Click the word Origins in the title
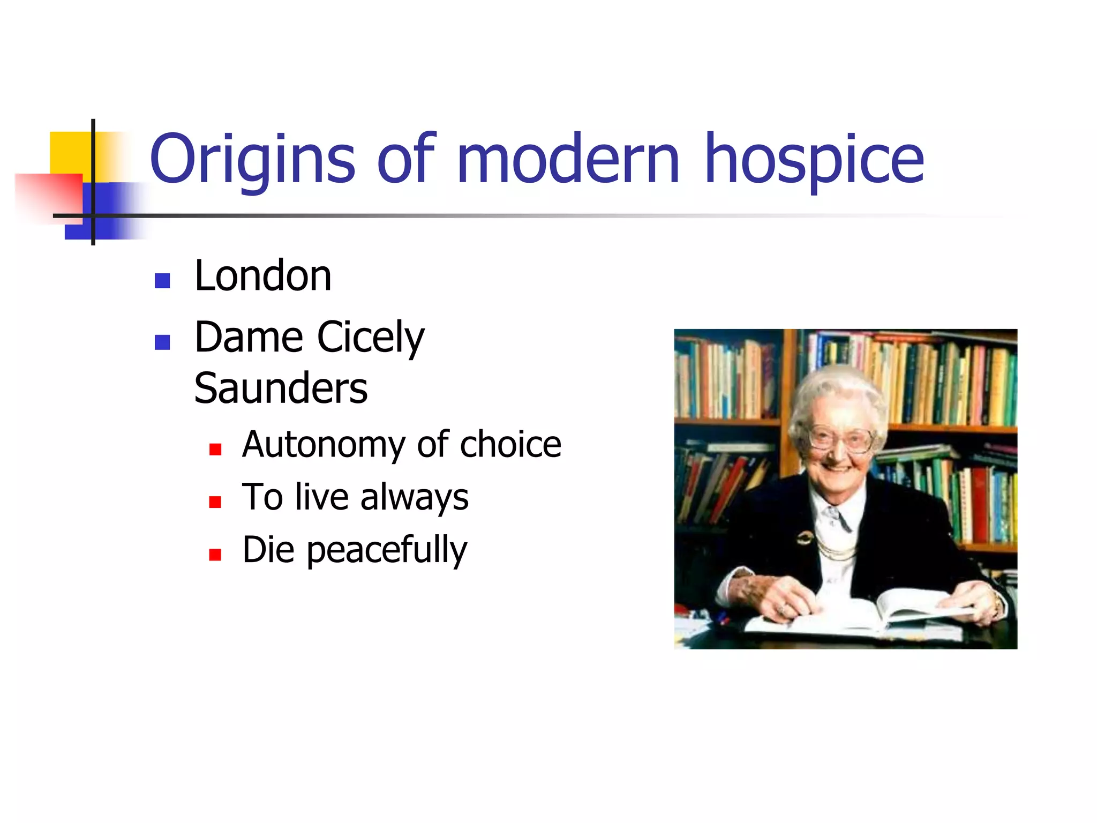coord(252,159)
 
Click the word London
coord(263,276)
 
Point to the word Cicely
coord(371,338)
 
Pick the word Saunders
coord(281,388)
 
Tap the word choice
coord(510,445)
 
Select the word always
coord(414,498)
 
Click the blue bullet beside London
coord(162,281)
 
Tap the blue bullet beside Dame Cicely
coord(162,342)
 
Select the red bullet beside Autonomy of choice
coord(215,449)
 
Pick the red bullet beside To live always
coord(215,502)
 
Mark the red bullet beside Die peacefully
coord(215,555)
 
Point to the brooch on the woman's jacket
coord(803,537)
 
